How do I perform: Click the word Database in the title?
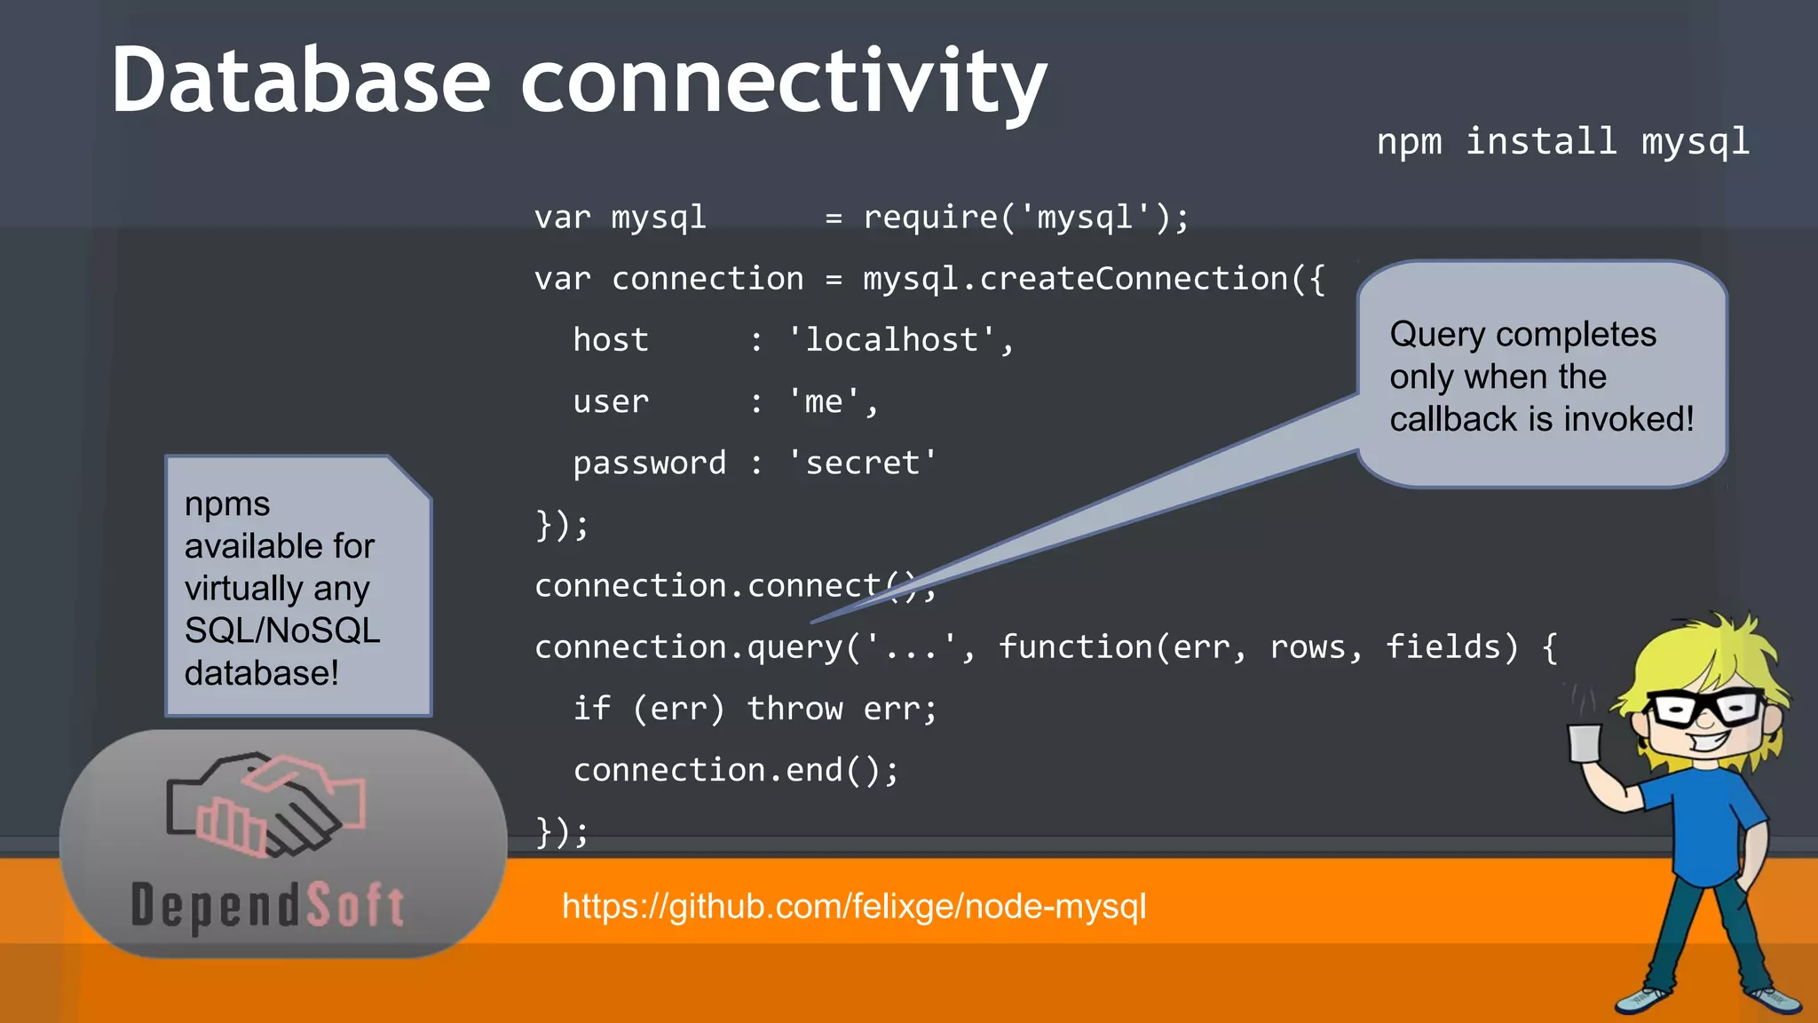(300, 82)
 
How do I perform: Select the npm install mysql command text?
(1562, 142)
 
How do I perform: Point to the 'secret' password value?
(862, 463)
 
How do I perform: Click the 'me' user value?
(823, 401)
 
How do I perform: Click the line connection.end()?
(736, 770)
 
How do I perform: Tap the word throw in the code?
(794, 709)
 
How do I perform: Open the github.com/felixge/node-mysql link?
(854, 907)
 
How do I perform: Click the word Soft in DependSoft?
(356, 906)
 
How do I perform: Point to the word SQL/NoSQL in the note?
(282, 630)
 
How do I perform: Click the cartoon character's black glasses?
(1705, 708)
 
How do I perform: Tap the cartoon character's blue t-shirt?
(1700, 821)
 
